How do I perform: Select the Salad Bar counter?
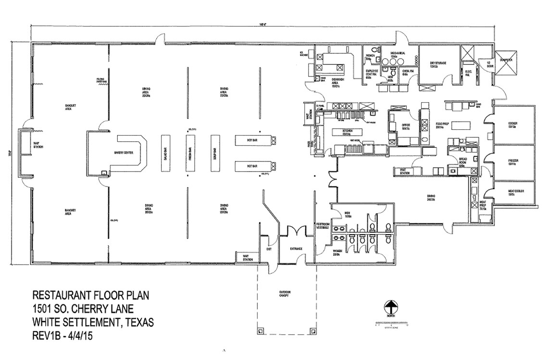coord(164,153)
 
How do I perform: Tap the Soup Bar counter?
coord(214,153)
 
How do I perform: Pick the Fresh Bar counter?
coord(190,153)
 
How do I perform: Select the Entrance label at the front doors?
coord(296,248)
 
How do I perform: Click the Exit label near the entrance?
coord(269,248)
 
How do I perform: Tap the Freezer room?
coord(513,161)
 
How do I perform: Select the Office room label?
coord(406,127)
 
